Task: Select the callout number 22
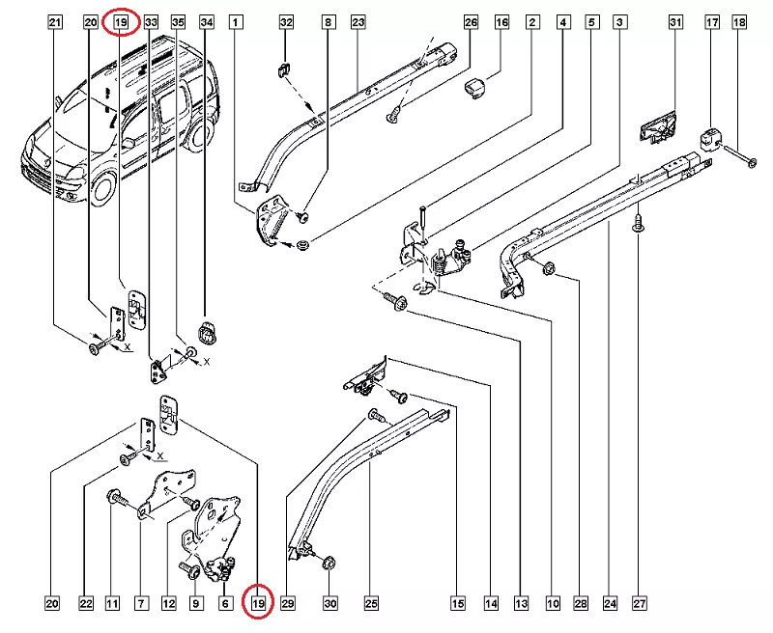(86, 604)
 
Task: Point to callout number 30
(329, 604)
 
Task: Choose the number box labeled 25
(371, 604)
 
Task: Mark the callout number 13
(522, 604)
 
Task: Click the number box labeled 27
(638, 604)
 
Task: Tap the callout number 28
(581, 604)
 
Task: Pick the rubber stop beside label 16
(472, 89)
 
